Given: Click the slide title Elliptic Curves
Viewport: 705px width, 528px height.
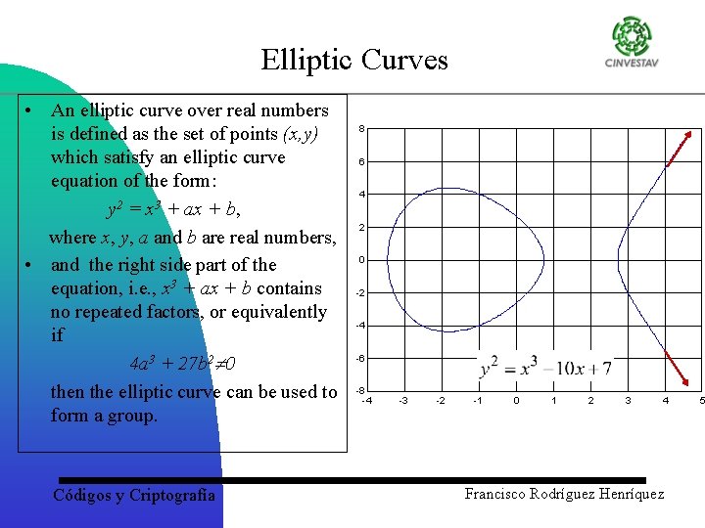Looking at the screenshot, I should click(353, 61).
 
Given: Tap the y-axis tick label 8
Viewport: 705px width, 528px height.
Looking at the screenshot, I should click(361, 129).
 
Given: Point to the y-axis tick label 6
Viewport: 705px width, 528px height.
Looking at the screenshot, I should click(361, 161).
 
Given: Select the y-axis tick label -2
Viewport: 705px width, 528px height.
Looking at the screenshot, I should click(360, 292).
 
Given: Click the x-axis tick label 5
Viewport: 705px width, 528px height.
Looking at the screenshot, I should click(701, 400).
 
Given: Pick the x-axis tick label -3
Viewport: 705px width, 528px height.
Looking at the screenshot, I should click(402, 400).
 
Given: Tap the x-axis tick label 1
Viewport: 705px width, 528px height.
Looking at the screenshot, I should click(553, 400).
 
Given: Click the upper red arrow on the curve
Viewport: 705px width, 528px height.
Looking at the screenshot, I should click(684, 147).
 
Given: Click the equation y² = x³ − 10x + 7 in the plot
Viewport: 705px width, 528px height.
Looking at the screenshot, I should click(545, 369).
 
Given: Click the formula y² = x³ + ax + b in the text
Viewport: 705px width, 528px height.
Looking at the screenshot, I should click(172, 209).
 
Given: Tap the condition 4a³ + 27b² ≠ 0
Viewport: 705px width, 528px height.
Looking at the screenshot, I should click(182, 364).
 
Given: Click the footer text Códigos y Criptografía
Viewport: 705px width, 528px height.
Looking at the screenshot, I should click(133, 496).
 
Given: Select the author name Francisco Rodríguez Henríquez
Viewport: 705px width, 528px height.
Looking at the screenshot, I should click(564, 494).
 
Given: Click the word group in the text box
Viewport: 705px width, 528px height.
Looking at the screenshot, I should click(133, 416).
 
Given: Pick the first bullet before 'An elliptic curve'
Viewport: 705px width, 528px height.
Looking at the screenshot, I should click(31, 110).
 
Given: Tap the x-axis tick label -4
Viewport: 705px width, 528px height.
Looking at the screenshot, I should click(366, 400).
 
